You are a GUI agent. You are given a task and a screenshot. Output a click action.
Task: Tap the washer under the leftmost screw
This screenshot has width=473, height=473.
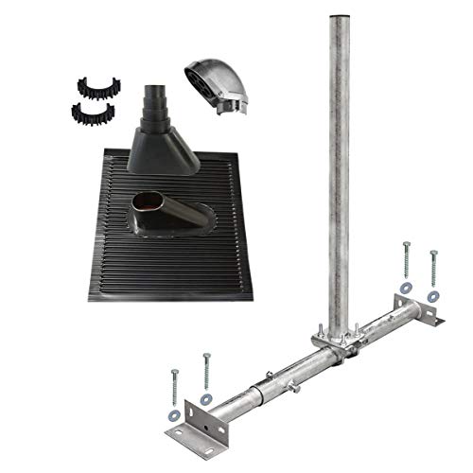(x=173, y=413)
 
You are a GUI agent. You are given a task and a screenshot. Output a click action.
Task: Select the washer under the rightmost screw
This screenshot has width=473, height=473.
(x=432, y=296)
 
